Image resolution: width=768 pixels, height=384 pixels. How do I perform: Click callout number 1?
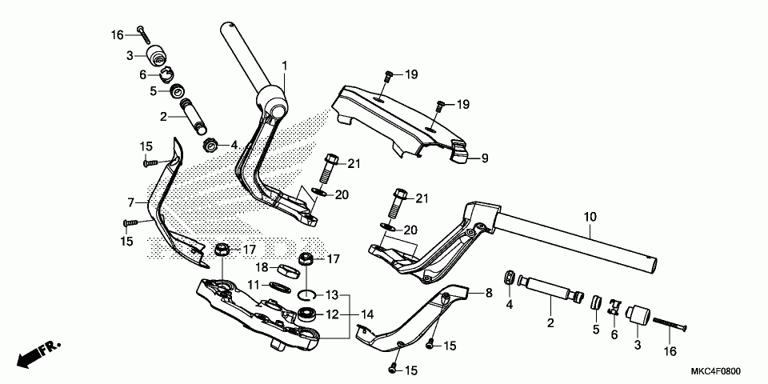click(x=283, y=64)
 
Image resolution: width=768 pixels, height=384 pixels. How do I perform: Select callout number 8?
click(x=489, y=294)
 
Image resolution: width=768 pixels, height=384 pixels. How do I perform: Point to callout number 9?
click(x=483, y=159)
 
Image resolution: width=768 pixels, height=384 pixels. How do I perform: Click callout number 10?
click(x=590, y=217)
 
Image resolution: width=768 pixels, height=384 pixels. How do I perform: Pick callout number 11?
click(x=253, y=285)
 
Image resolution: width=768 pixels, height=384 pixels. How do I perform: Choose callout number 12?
click(x=332, y=314)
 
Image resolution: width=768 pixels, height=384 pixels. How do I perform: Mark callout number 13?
click(x=332, y=294)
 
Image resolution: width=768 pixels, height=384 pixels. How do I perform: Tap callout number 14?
click(x=367, y=314)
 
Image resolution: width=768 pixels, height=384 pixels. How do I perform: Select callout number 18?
click(x=261, y=267)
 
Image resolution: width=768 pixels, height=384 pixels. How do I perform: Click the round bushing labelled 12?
click(x=306, y=314)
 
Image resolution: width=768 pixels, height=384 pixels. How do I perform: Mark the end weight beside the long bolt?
click(x=638, y=315)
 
